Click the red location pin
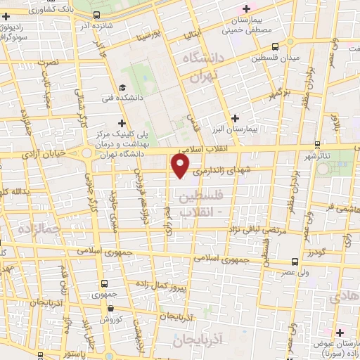pyautogui.click(x=181, y=166)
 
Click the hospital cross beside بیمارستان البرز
pyautogui.click(x=235, y=118)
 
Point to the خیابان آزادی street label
pyautogui.click(x=44, y=152)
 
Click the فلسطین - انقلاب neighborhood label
pyautogui.click(x=200, y=201)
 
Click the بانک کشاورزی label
pyautogui.click(x=53, y=10)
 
